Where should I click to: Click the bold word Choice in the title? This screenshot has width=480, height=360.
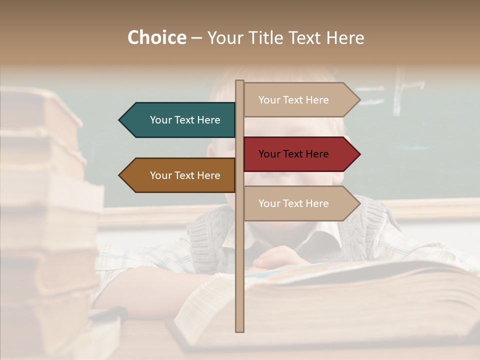click(x=156, y=38)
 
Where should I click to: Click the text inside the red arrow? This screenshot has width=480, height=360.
click(x=293, y=154)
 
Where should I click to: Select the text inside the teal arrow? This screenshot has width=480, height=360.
click(x=185, y=120)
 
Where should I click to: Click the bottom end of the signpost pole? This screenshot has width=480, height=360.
click(x=239, y=329)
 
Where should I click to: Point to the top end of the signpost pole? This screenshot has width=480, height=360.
click(x=239, y=82)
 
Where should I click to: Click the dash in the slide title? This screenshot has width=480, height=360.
click(x=196, y=38)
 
